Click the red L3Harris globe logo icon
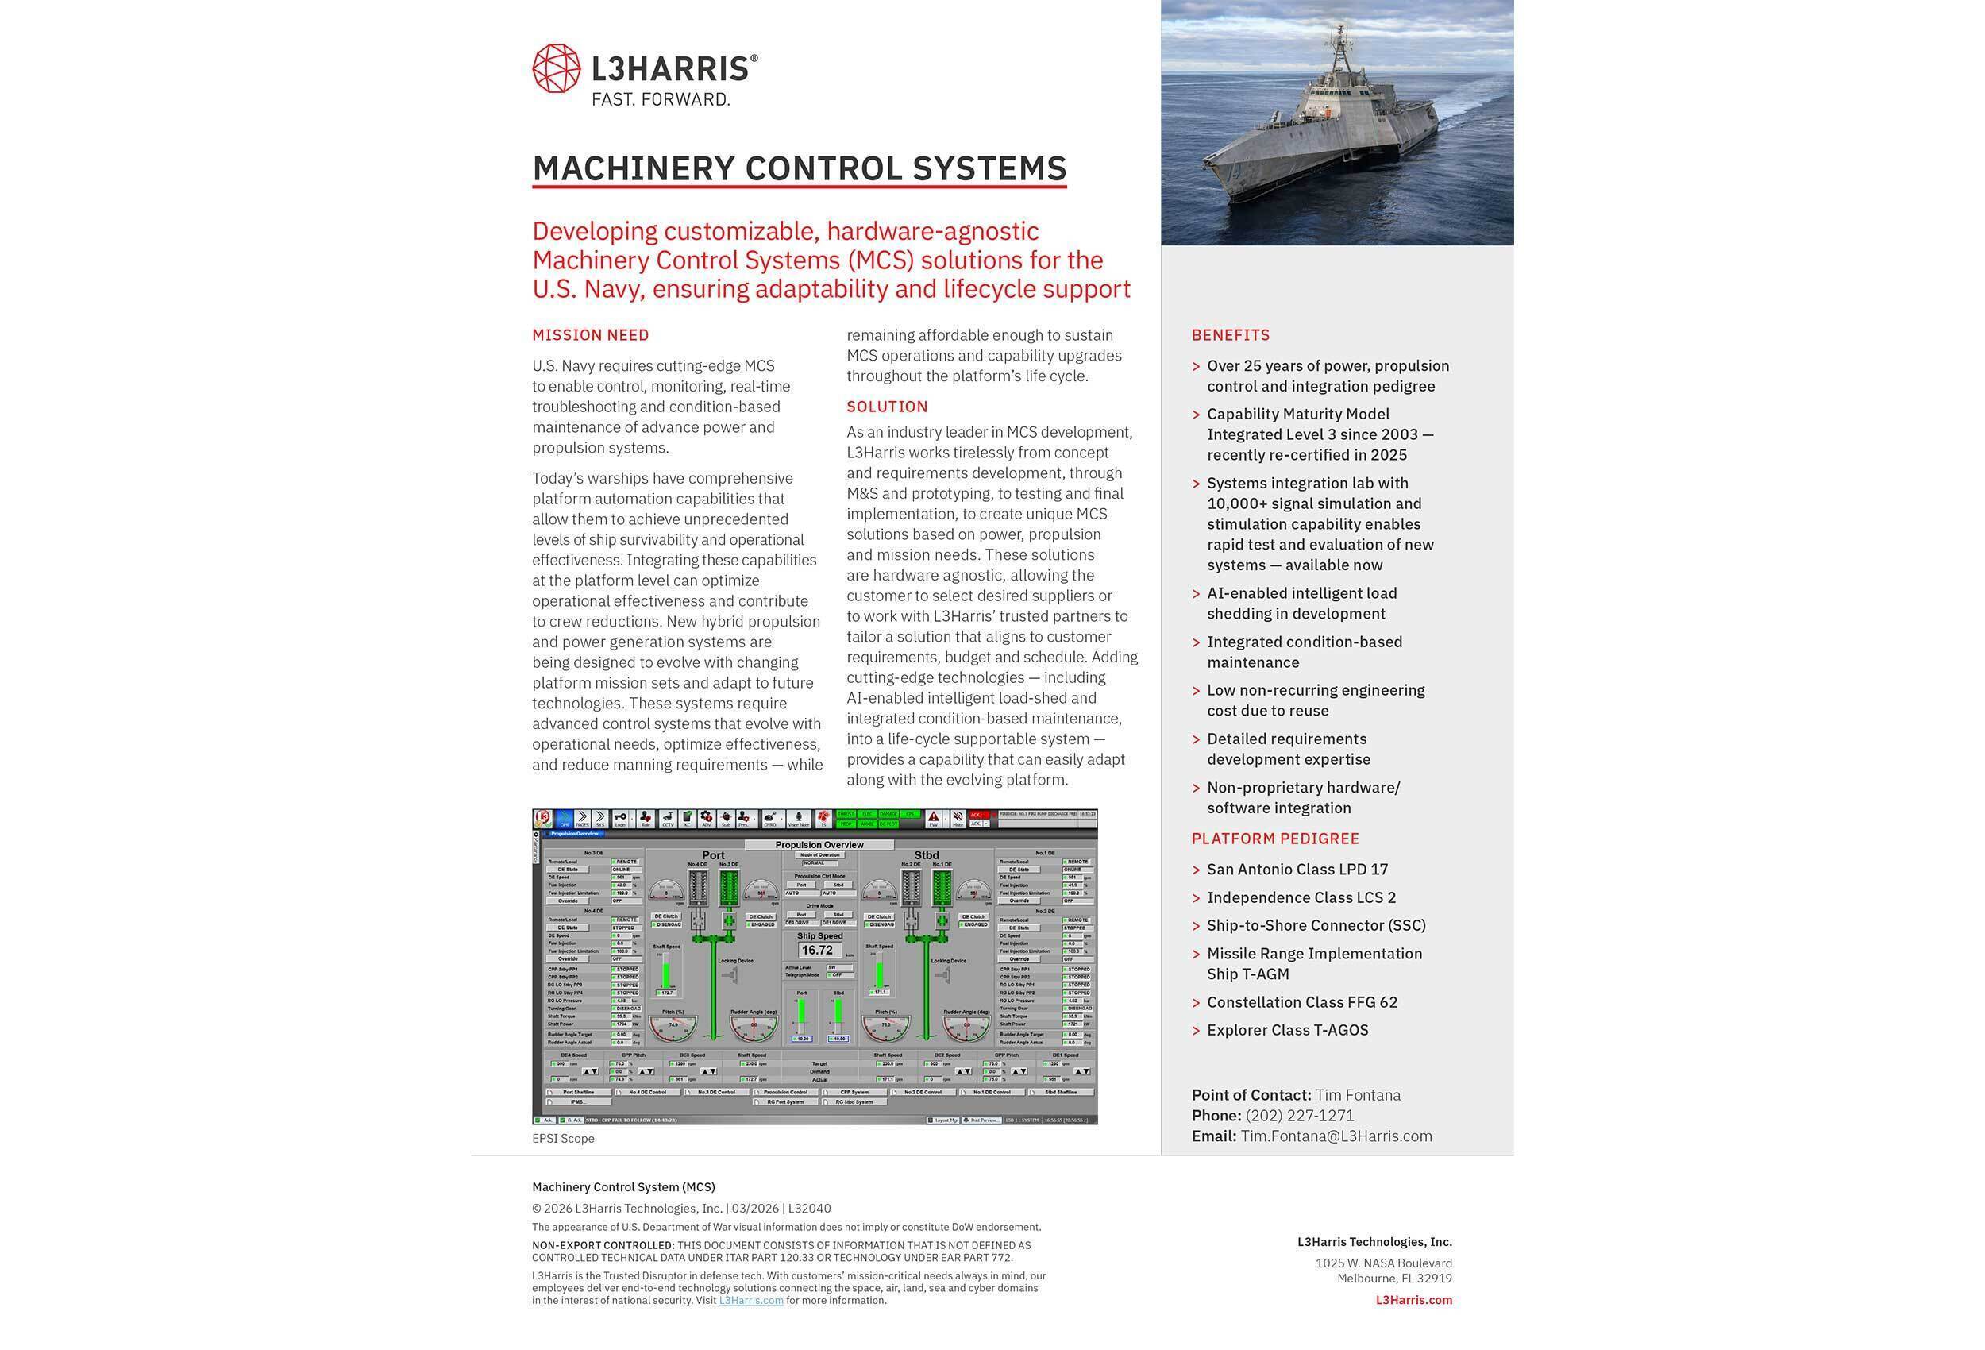pos(556,68)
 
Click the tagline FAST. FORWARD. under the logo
pos(661,100)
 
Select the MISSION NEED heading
pos(590,335)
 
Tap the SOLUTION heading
pos(887,407)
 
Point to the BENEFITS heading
pos(1230,335)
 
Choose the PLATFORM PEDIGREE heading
pos(1274,839)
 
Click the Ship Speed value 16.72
pos(816,950)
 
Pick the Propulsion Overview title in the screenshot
pos(819,845)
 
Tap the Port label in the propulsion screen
pos(713,855)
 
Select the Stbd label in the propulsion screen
pos(926,855)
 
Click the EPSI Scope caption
pos(563,1138)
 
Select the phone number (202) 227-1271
pos(1299,1115)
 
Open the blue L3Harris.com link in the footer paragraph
pos(751,1300)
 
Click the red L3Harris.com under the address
pos(1413,1300)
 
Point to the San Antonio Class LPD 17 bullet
pos(1297,869)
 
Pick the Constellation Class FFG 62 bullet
pos(1301,1002)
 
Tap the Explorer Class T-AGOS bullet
pos(1287,1030)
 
